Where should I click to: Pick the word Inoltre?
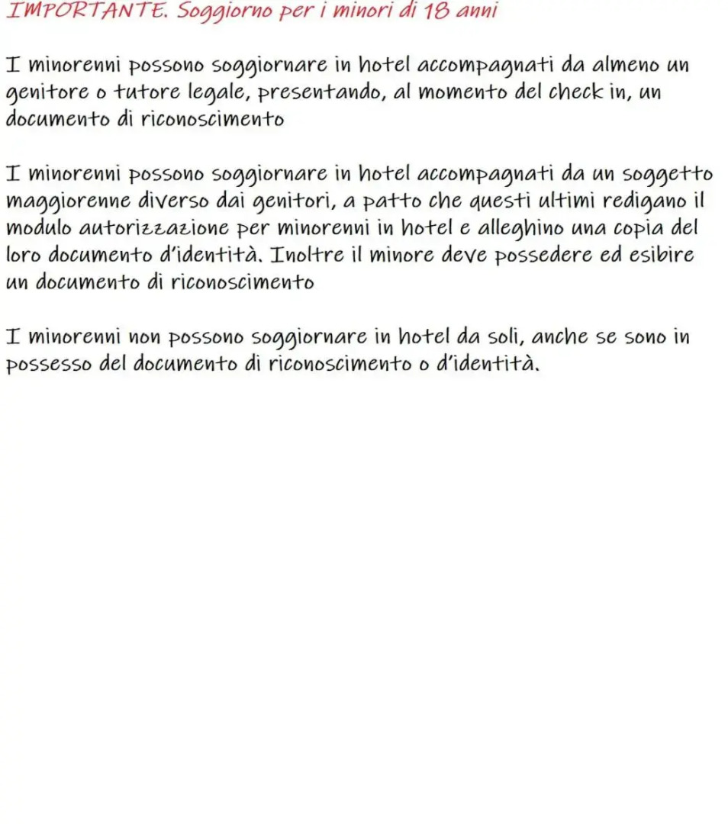pyautogui.click(x=308, y=255)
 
